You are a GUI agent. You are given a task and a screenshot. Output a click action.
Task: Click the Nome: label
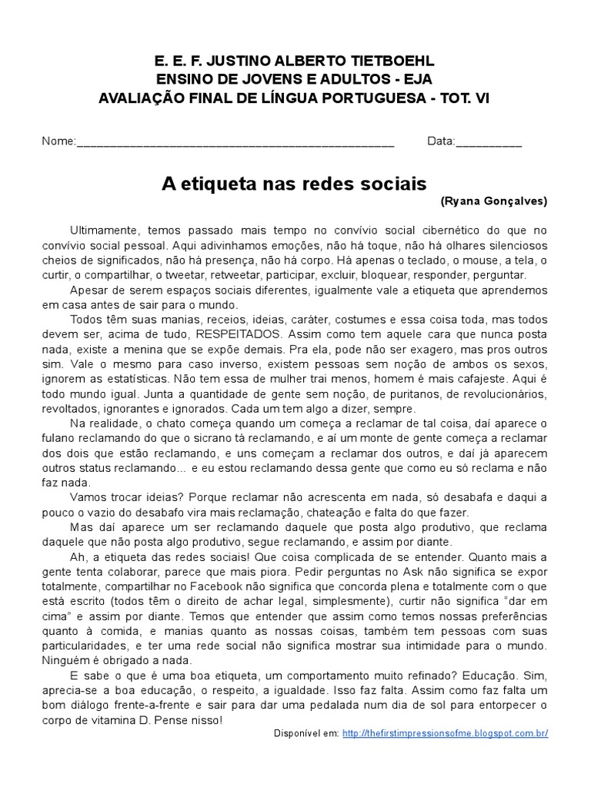pyautogui.click(x=58, y=142)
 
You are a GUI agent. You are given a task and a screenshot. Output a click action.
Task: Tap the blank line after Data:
pyautogui.click(x=489, y=144)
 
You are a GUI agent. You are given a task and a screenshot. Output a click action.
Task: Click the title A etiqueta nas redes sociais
pyautogui.click(x=293, y=184)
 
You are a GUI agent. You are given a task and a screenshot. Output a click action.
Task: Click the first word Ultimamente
pyautogui.click(x=104, y=230)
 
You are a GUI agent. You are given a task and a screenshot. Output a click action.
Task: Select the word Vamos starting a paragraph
pyautogui.click(x=88, y=497)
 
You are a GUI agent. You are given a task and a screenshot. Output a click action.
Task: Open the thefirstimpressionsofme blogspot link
pyautogui.click(x=445, y=733)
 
